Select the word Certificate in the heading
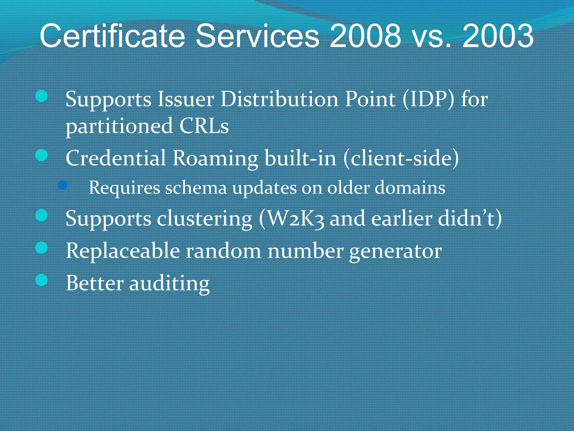[112, 36]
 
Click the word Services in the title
[257, 36]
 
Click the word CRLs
[204, 126]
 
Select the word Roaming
[215, 158]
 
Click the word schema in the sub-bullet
[196, 187]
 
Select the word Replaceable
[123, 251]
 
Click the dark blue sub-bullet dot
[63, 185]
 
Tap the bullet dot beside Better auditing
[42, 280]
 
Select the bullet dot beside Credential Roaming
[42, 155]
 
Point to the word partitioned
[119, 127]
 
